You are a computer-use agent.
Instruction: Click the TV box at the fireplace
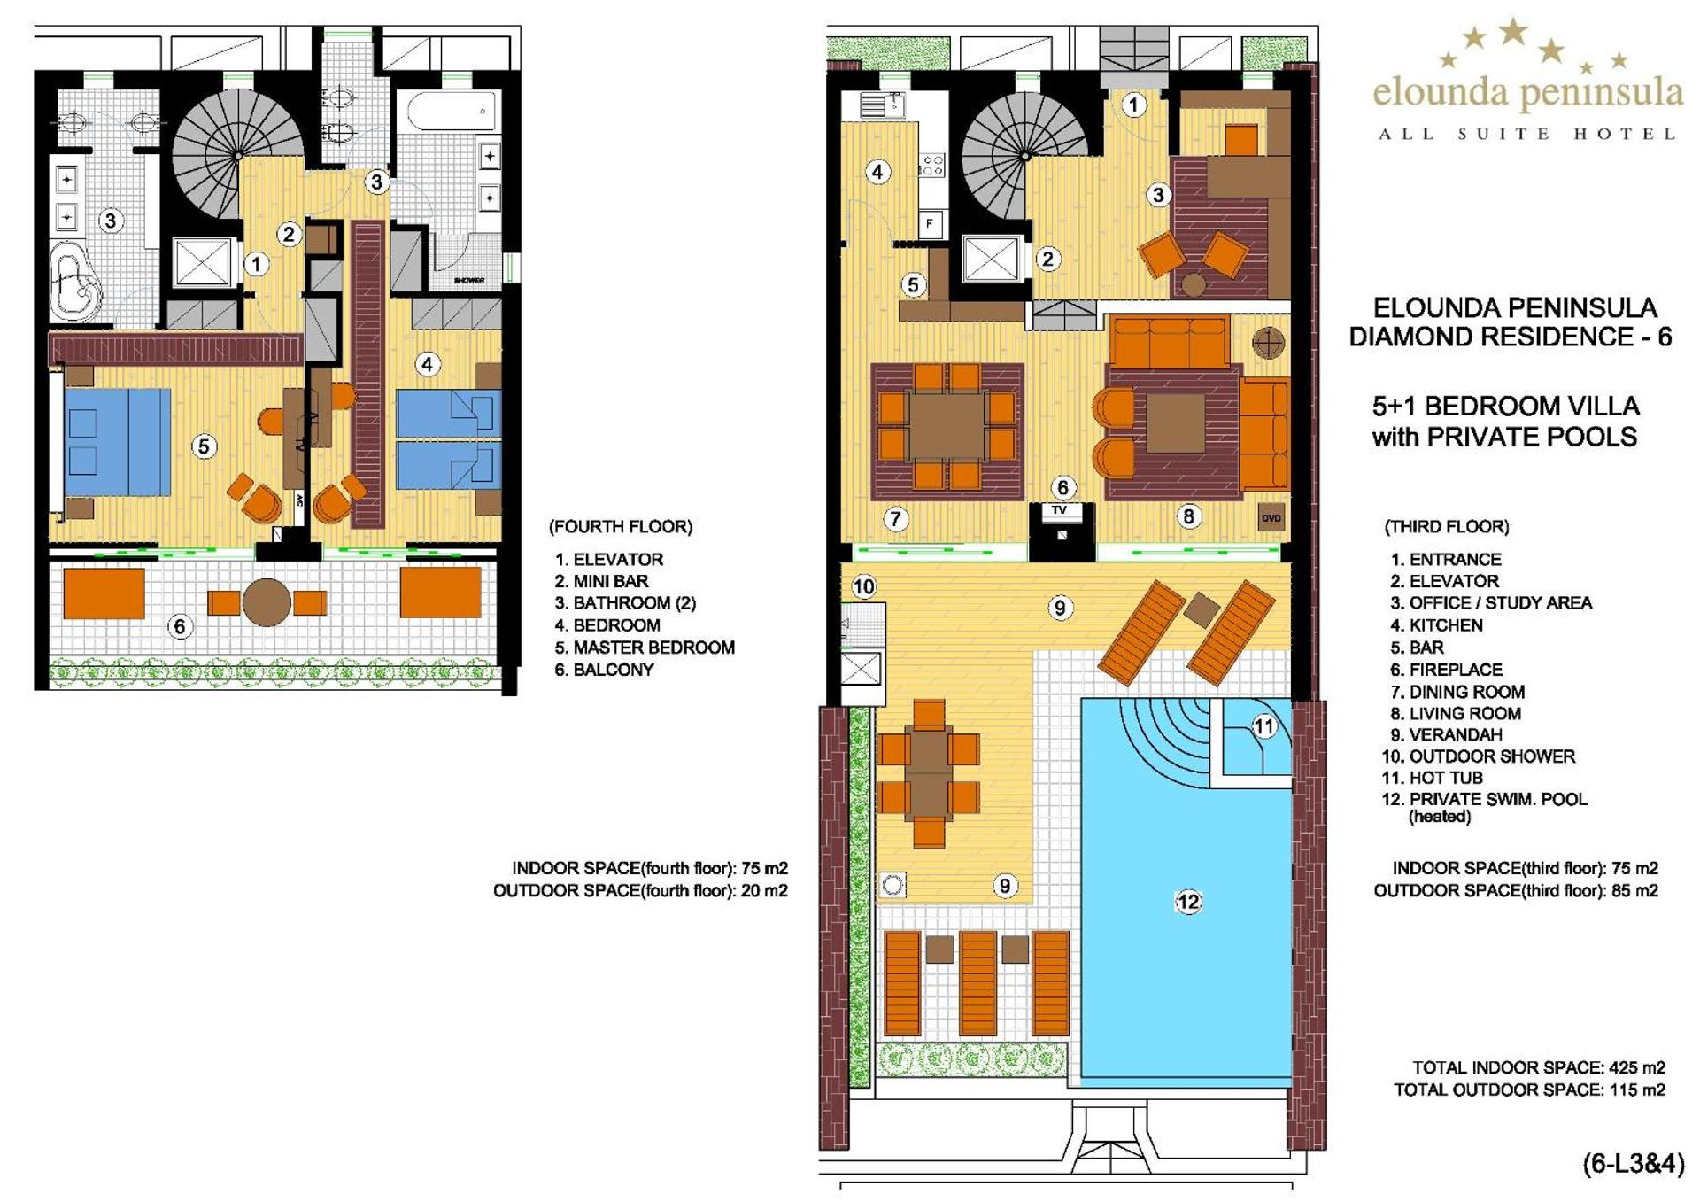coord(1060,511)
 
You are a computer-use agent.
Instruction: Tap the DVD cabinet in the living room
coord(1271,518)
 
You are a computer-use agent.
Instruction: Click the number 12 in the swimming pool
coord(1187,902)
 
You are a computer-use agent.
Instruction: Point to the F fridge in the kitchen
coord(930,223)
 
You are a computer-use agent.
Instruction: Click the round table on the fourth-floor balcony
coord(267,602)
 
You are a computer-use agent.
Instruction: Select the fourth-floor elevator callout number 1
coord(257,263)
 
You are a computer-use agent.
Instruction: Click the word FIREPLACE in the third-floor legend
coord(1456,670)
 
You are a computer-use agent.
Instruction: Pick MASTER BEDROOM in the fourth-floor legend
coord(653,648)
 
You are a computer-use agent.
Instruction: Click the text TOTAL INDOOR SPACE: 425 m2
coord(1539,1068)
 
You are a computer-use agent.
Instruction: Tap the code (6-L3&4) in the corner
coord(1634,1163)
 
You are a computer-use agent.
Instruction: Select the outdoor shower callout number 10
coord(863,586)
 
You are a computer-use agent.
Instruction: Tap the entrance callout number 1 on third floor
coord(1133,105)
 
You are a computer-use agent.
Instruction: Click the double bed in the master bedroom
coord(118,442)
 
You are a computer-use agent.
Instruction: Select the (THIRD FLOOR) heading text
coord(1447,527)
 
